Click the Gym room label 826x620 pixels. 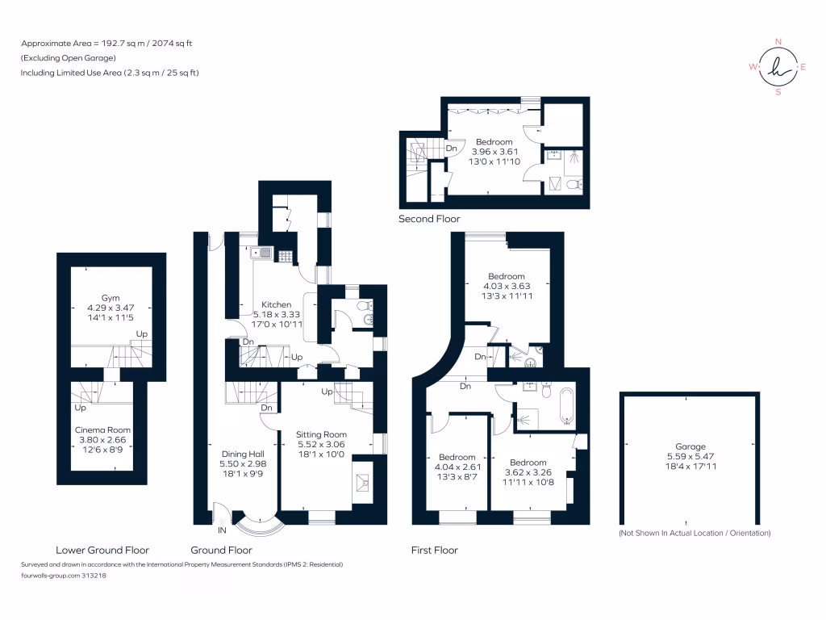pos(111,298)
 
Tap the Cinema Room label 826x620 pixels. pos(102,429)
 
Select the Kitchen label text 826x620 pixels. pos(276,304)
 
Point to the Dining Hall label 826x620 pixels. pos(243,454)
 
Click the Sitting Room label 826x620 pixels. pos(321,434)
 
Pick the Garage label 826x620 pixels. pos(690,446)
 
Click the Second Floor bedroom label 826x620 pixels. pos(494,142)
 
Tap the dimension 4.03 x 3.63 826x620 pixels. pos(507,286)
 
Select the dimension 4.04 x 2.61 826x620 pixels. pos(457,467)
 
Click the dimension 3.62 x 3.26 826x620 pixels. pos(528,472)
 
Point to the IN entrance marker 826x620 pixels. pos(222,530)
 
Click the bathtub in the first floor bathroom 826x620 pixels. pos(567,406)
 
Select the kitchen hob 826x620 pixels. pos(285,256)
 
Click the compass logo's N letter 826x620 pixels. pos(778,42)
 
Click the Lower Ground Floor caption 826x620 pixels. pos(102,550)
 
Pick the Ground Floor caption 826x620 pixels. pos(221,550)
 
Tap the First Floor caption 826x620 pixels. pos(435,550)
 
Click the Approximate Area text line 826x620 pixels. pos(106,44)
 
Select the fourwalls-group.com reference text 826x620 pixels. pos(64,575)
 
